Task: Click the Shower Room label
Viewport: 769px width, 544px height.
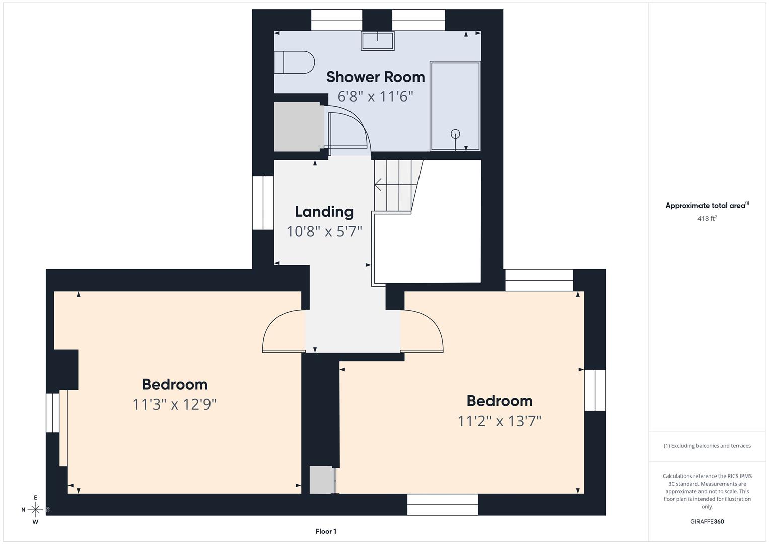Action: click(375, 77)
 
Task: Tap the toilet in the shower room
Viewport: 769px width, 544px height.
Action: click(294, 62)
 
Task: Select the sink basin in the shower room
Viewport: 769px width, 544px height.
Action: click(377, 41)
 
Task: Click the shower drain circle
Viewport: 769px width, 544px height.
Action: click(455, 133)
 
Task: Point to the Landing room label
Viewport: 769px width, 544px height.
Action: click(324, 212)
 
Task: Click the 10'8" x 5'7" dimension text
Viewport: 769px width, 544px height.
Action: click(324, 231)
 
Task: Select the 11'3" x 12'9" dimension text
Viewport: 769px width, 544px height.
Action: click(174, 404)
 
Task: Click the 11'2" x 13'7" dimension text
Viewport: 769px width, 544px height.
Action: click(500, 421)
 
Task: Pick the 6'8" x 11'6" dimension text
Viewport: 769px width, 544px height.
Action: click(375, 96)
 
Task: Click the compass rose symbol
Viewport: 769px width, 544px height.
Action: click(35, 510)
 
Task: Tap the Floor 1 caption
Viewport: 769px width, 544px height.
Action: click(326, 531)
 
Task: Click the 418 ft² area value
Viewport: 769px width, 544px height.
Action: click(707, 218)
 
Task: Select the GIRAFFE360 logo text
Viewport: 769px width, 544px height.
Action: click(707, 521)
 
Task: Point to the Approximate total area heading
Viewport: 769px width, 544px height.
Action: click(707, 206)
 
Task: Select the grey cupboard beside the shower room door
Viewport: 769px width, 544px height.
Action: click(299, 126)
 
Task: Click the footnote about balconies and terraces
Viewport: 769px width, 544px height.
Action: click(707, 446)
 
